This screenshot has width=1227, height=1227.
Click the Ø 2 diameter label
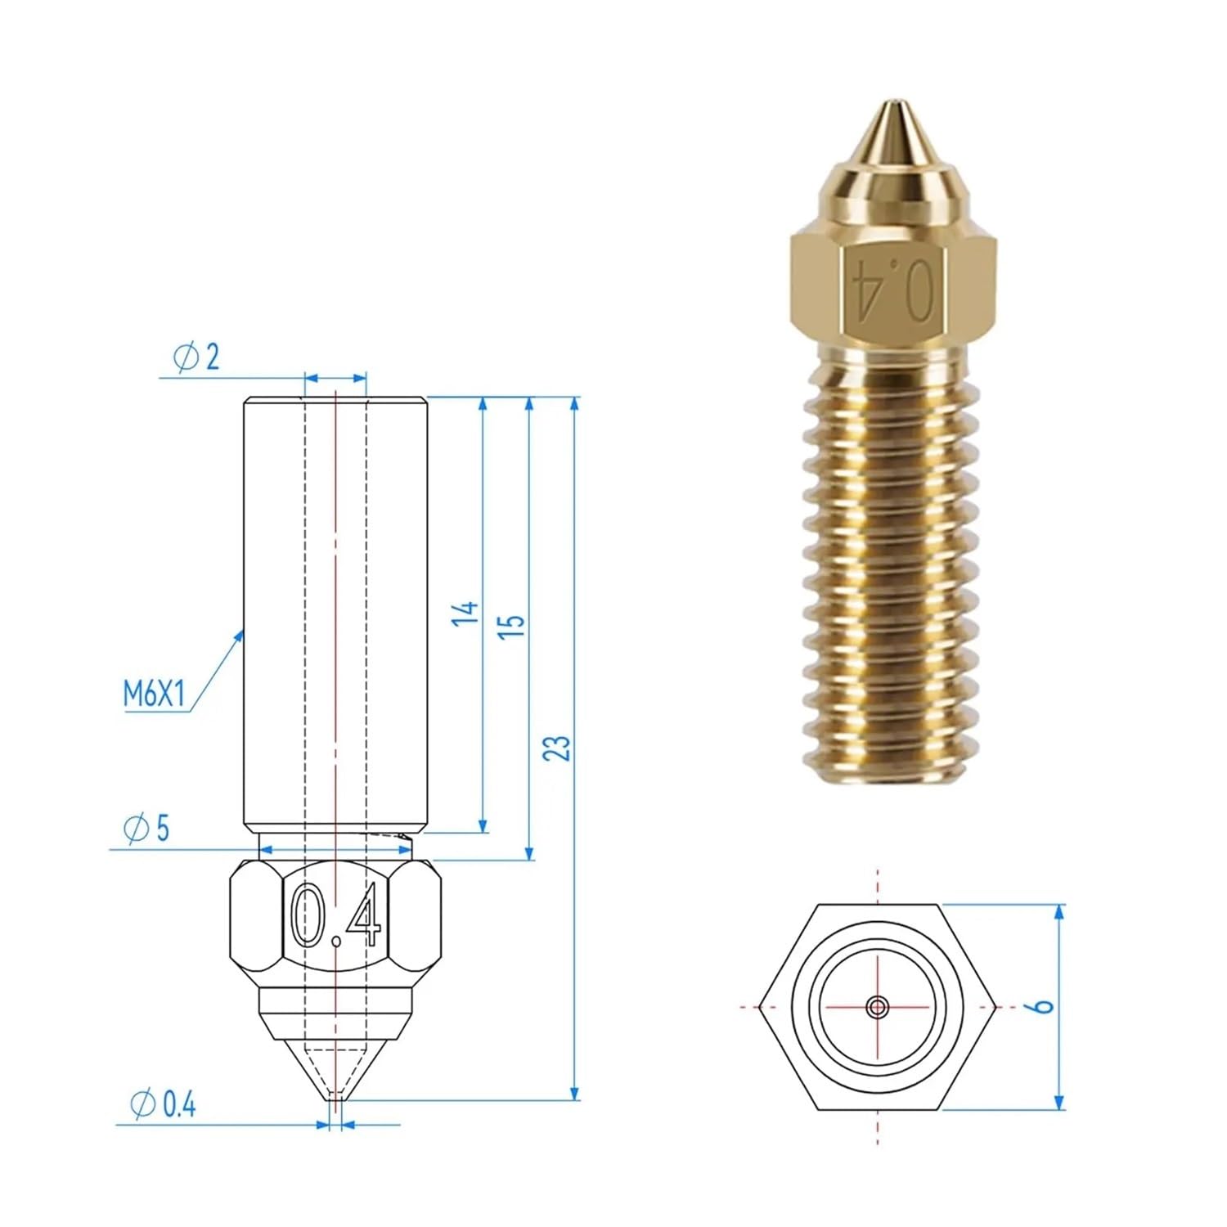[196, 357]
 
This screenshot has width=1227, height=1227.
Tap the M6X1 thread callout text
[155, 694]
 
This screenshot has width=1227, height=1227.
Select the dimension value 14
[465, 612]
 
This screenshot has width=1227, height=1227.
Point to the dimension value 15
[511, 623]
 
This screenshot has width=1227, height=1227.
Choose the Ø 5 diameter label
[146, 829]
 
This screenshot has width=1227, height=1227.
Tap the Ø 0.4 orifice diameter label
[164, 1105]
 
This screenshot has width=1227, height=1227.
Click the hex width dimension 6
[1043, 1005]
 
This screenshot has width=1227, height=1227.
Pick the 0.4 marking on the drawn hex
[336, 915]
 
